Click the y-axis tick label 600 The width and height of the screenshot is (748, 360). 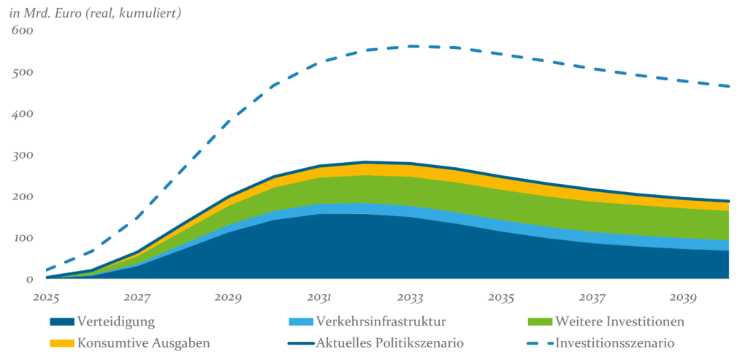point(22,31)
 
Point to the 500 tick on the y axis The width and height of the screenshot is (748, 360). point(22,73)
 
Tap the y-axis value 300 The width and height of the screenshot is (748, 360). point(22,156)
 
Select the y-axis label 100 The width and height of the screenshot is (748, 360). point(22,238)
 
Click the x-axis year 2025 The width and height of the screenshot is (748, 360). point(45,297)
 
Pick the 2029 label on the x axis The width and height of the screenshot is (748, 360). point(228,297)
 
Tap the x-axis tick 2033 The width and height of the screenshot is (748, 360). point(411,297)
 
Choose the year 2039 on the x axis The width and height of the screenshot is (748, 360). point(684,297)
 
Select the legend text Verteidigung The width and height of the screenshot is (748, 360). point(116,321)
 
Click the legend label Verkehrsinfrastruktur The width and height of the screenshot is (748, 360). point(381,321)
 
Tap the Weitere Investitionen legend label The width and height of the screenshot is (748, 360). point(619,321)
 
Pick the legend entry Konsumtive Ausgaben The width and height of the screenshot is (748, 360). point(144,342)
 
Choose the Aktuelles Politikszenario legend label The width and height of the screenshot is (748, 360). point(390,342)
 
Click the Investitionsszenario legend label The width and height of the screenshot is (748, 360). point(614,342)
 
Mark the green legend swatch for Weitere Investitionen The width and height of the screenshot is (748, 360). point(538,321)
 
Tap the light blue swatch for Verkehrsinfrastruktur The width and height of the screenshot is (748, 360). point(300,321)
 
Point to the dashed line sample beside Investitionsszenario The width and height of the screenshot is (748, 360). point(538,342)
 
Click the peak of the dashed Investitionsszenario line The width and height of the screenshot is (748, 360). point(413,46)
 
